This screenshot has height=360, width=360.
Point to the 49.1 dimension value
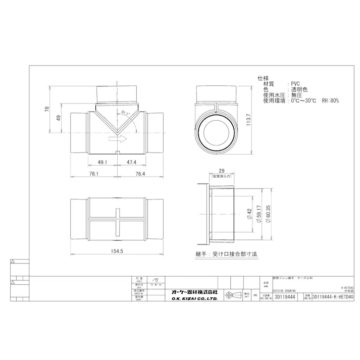coord(102,163)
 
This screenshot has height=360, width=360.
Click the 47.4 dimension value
coord(132,163)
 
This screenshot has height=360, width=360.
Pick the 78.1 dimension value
coord(94,174)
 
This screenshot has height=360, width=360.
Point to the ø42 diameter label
coord(248,214)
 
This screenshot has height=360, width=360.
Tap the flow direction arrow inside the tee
coord(117,141)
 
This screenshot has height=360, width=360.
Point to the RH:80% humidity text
coord(329,101)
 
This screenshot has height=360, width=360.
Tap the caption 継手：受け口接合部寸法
coord(226,254)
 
